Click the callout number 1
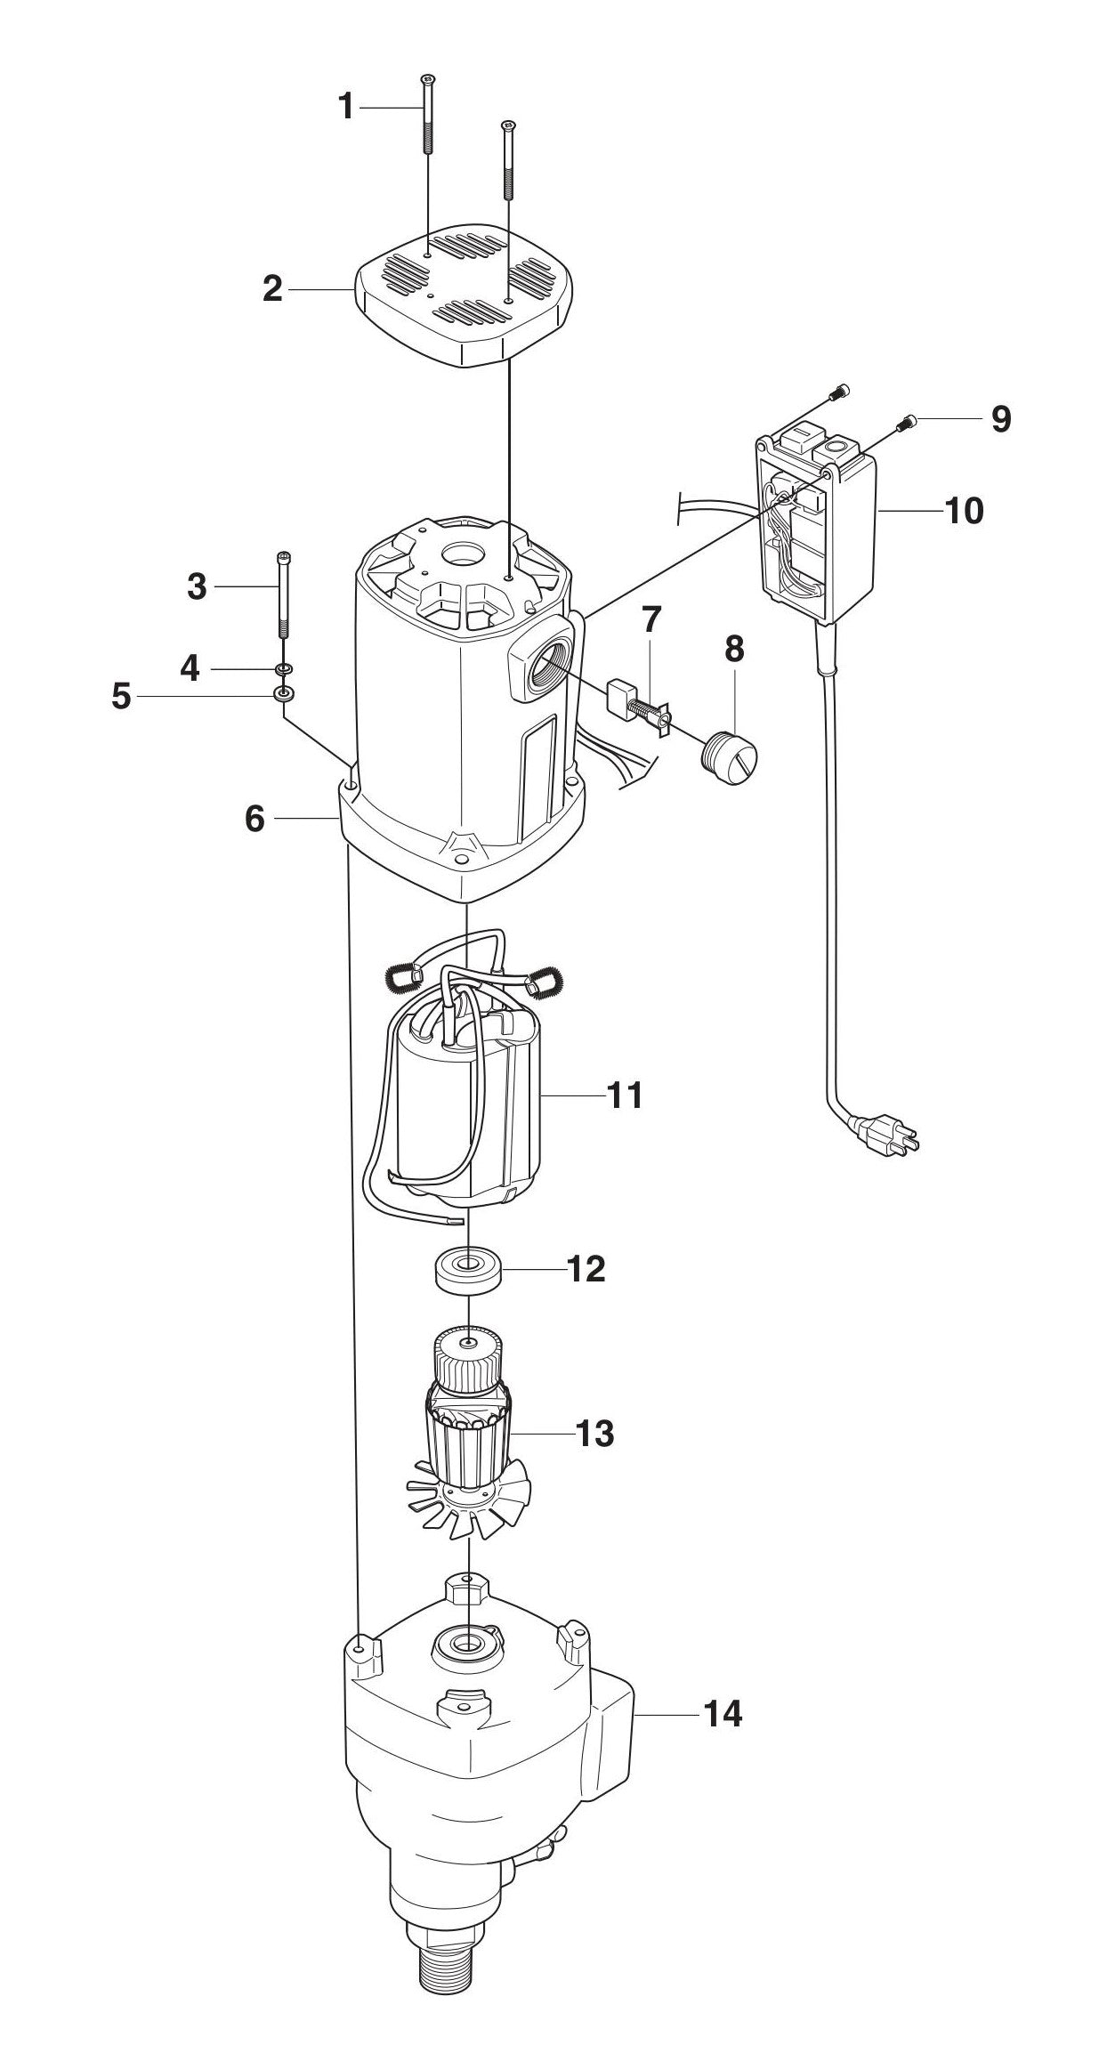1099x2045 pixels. pyautogui.click(x=346, y=107)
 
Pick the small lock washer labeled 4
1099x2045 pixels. pyautogui.click(x=284, y=667)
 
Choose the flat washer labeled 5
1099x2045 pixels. pyautogui.click(x=284, y=694)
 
